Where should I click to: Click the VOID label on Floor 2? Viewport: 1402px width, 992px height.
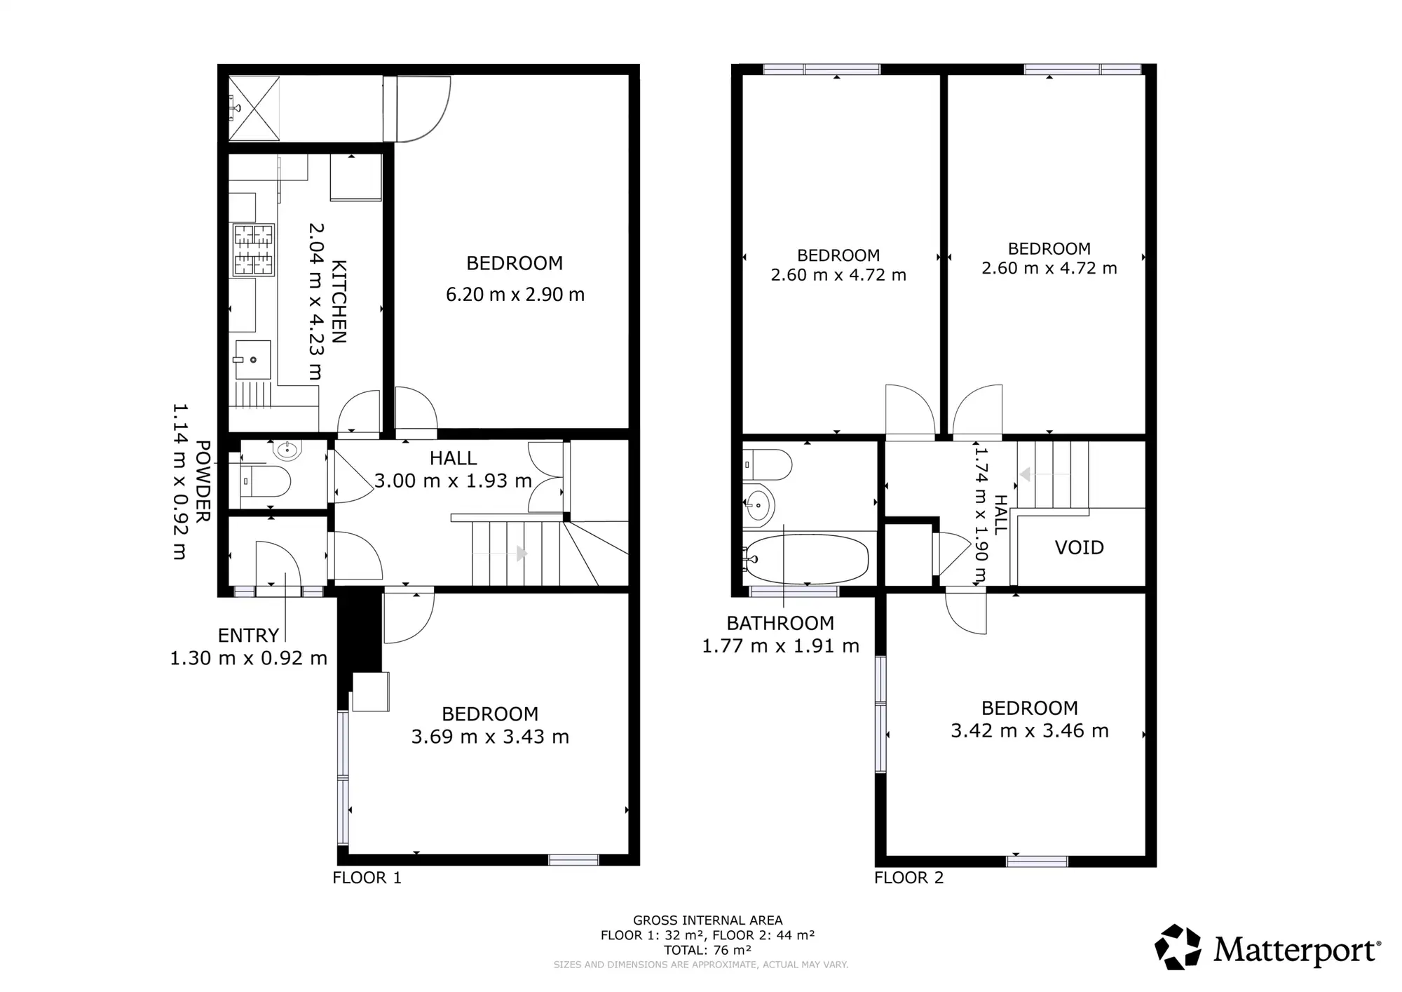click(x=1079, y=547)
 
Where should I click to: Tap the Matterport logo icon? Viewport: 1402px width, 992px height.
click(x=1178, y=947)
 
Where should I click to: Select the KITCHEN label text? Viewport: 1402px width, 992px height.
click(x=339, y=302)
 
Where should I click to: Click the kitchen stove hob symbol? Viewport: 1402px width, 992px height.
click(x=253, y=250)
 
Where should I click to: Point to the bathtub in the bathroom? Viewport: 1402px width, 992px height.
click(x=807, y=559)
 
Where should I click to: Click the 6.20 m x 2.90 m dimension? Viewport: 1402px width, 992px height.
click(x=515, y=295)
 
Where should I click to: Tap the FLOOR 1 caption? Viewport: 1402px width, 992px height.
click(x=367, y=878)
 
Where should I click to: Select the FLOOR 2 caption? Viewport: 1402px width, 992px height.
click(x=908, y=878)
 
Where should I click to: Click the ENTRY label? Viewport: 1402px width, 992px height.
click(x=248, y=636)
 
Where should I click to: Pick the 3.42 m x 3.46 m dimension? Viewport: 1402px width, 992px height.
click(x=1030, y=731)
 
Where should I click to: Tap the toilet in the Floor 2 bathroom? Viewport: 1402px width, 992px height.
click(x=768, y=464)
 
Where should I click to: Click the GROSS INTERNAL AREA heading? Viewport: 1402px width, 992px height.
click(x=708, y=920)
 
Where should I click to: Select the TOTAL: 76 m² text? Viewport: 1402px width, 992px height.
click(x=708, y=950)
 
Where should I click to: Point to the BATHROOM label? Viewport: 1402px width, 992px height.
click(x=780, y=623)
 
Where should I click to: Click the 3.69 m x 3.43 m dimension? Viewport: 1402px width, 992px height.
click(x=490, y=737)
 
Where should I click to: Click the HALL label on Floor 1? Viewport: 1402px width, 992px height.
click(x=453, y=459)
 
